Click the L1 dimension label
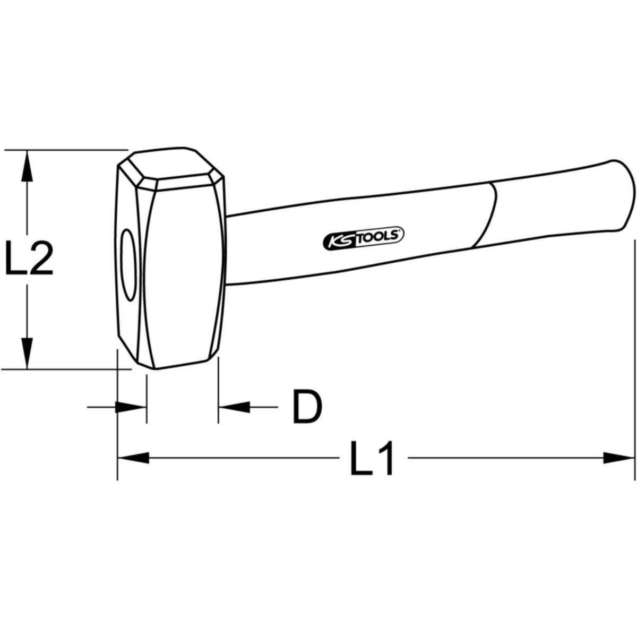[x=372, y=458]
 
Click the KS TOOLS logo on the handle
[x=364, y=238]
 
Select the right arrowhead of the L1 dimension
[x=619, y=458]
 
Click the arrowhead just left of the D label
[x=234, y=407]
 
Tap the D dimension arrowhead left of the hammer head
[x=131, y=407]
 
